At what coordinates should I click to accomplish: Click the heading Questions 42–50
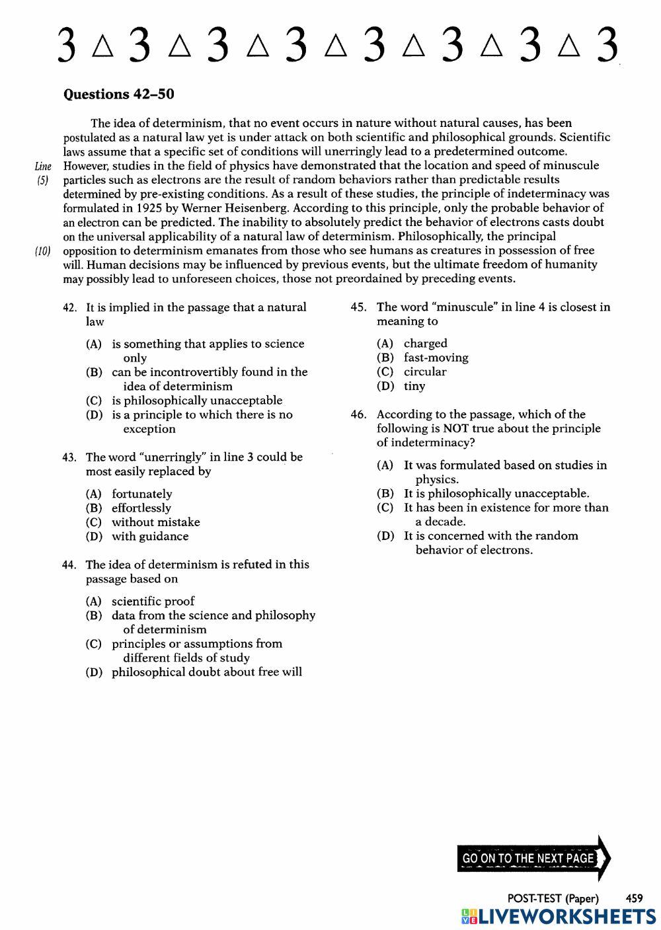click(118, 95)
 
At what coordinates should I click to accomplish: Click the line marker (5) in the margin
click(43, 180)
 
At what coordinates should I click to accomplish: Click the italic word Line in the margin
click(43, 166)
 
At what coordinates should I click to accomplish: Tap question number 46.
click(358, 414)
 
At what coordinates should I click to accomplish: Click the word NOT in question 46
click(456, 428)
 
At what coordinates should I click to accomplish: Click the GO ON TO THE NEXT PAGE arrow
click(532, 858)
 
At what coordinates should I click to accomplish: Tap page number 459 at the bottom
click(633, 898)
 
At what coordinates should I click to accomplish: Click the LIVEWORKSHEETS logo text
click(559, 916)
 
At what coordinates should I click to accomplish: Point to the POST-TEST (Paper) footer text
click(553, 898)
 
